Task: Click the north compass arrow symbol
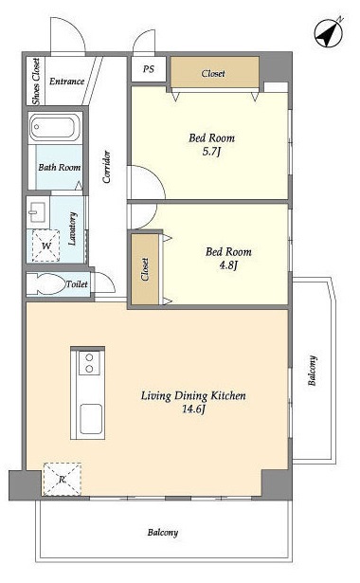(x=328, y=33)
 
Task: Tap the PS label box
(x=148, y=69)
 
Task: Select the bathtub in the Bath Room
(x=55, y=127)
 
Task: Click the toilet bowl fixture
(x=46, y=284)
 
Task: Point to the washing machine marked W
(x=46, y=246)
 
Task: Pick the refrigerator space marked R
(x=63, y=479)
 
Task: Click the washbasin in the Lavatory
(x=37, y=212)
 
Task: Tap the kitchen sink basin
(x=91, y=419)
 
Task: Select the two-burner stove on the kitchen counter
(x=89, y=363)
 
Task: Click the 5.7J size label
(x=211, y=152)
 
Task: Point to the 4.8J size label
(x=228, y=265)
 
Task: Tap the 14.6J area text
(x=193, y=410)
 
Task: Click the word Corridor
(x=107, y=167)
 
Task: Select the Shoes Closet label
(x=36, y=82)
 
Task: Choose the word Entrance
(x=67, y=82)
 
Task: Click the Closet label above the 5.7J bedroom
(x=213, y=74)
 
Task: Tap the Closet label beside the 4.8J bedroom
(x=145, y=269)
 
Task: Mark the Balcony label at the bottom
(x=163, y=533)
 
